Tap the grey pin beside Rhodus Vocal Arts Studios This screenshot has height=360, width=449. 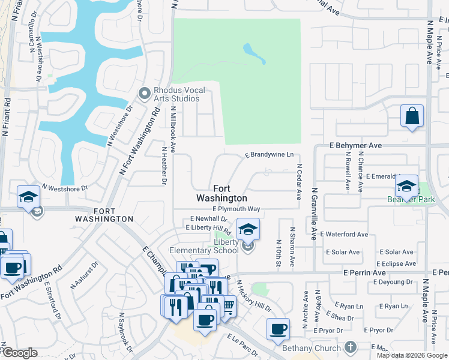point(144,93)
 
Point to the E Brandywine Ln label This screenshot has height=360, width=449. point(269,155)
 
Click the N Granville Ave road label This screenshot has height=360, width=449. point(313,213)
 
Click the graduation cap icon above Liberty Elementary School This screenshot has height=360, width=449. point(248,229)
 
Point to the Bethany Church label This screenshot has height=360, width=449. point(312,348)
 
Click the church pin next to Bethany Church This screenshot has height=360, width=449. point(352,347)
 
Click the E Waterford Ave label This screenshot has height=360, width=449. point(344,234)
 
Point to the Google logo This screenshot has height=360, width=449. point(19,353)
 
